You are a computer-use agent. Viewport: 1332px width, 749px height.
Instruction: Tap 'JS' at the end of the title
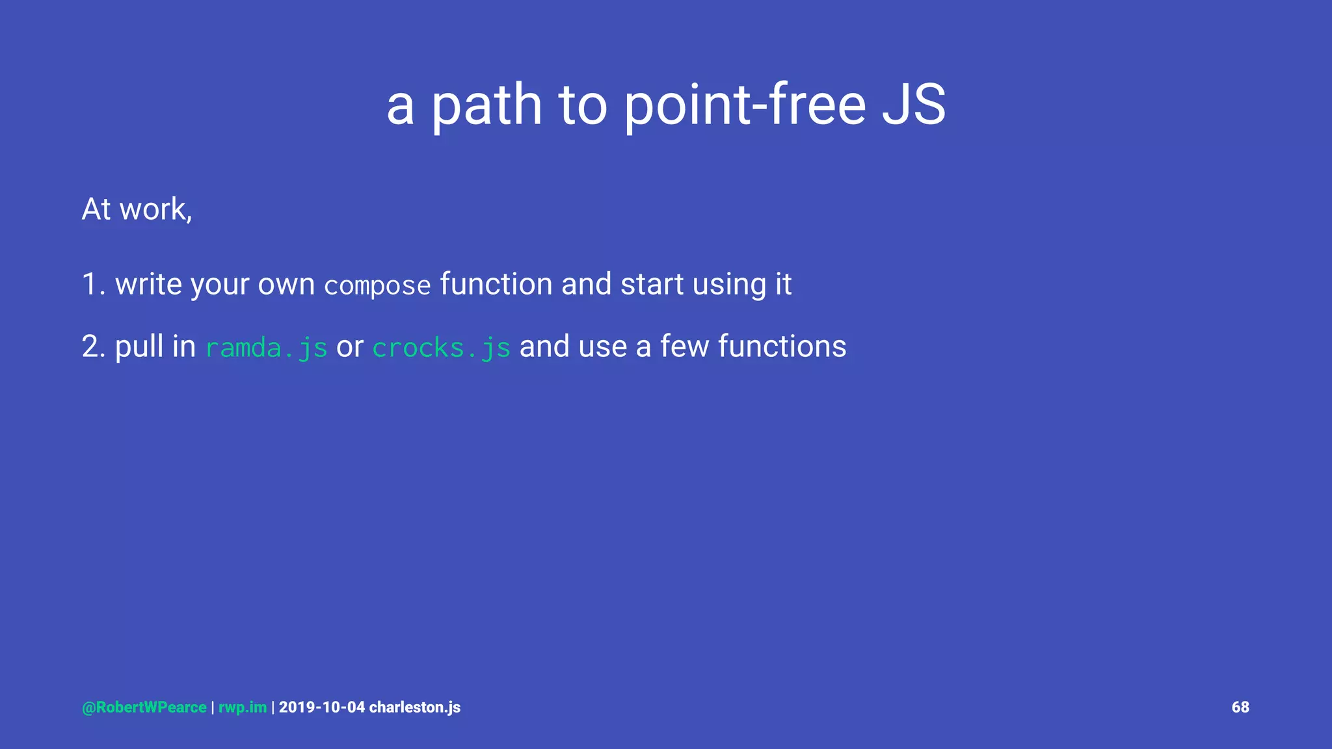pos(913,105)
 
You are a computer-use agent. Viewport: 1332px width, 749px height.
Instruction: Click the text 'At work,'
pos(137,209)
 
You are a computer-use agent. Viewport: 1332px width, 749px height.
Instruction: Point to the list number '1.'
pos(94,285)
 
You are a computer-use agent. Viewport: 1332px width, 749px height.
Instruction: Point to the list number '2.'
pos(94,347)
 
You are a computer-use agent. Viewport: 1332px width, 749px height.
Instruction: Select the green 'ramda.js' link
pos(266,348)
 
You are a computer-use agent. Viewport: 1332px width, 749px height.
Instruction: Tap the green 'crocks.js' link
pos(441,348)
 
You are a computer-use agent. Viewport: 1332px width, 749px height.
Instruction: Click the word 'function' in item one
pos(496,285)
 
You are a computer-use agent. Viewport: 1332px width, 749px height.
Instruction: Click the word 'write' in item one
pos(148,285)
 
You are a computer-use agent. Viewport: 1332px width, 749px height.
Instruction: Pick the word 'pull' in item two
pos(138,347)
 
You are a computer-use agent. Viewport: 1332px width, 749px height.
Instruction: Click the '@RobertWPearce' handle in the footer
pos(144,707)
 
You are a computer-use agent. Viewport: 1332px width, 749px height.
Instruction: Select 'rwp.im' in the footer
pos(243,707)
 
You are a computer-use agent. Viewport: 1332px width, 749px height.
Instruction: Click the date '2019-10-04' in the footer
pos(322,707)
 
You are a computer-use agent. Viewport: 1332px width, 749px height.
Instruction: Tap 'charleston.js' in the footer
pos(415,707)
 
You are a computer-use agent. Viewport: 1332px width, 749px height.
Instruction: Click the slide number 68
pos(1240,707)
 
